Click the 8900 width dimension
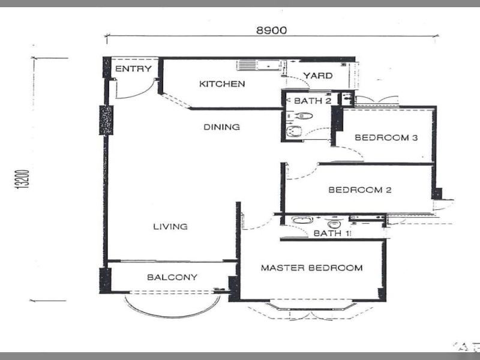coord(272,31)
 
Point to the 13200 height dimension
coord(22,179)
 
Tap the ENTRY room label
coord(133,69)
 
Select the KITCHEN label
coord(222,83)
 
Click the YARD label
coord(318,76)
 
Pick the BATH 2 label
coord(313,101)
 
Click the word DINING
coord(221,127)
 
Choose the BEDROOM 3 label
coord(386,137)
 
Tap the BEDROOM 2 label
coord(359,190)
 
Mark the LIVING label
coord(170,227)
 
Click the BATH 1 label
coord(332,233)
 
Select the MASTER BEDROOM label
coord(311,268)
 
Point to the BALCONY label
coord(172,277)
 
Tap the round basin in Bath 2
coord(293,131)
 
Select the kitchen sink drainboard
coord(247,65)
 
